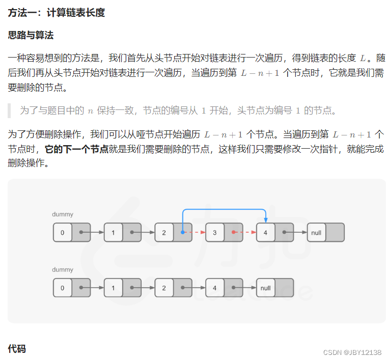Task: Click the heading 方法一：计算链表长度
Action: click(x=57, y=13)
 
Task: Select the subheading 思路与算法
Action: click(x=31, y=35)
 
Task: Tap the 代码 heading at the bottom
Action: click(x=17, y=348)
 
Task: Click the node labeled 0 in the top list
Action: click(x=63, y=232)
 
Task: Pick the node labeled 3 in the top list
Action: click(x=215, y=232)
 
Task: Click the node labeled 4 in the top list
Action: click(x=265, y=232)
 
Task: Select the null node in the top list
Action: click(x=316, y=232)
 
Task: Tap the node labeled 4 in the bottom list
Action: click(x=215, y=288)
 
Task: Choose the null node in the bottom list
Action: click(x=265, y=288)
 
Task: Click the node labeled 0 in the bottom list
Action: click(x=63, y=288)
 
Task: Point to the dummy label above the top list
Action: click(x=63, y=214)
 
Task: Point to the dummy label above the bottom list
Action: click(x=63, y=270)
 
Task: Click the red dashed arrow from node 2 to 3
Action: click(x=194, y=232)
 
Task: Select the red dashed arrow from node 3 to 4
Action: click(x=245, y=232)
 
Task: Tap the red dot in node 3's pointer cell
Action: click(x=233, y=232)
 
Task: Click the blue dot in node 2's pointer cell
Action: click(x=182, y=232)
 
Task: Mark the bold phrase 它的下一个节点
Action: click(x=77, y=149)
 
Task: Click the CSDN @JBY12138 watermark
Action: click(x=352, y=352)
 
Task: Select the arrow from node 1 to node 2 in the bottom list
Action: click(x=143, y=288)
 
